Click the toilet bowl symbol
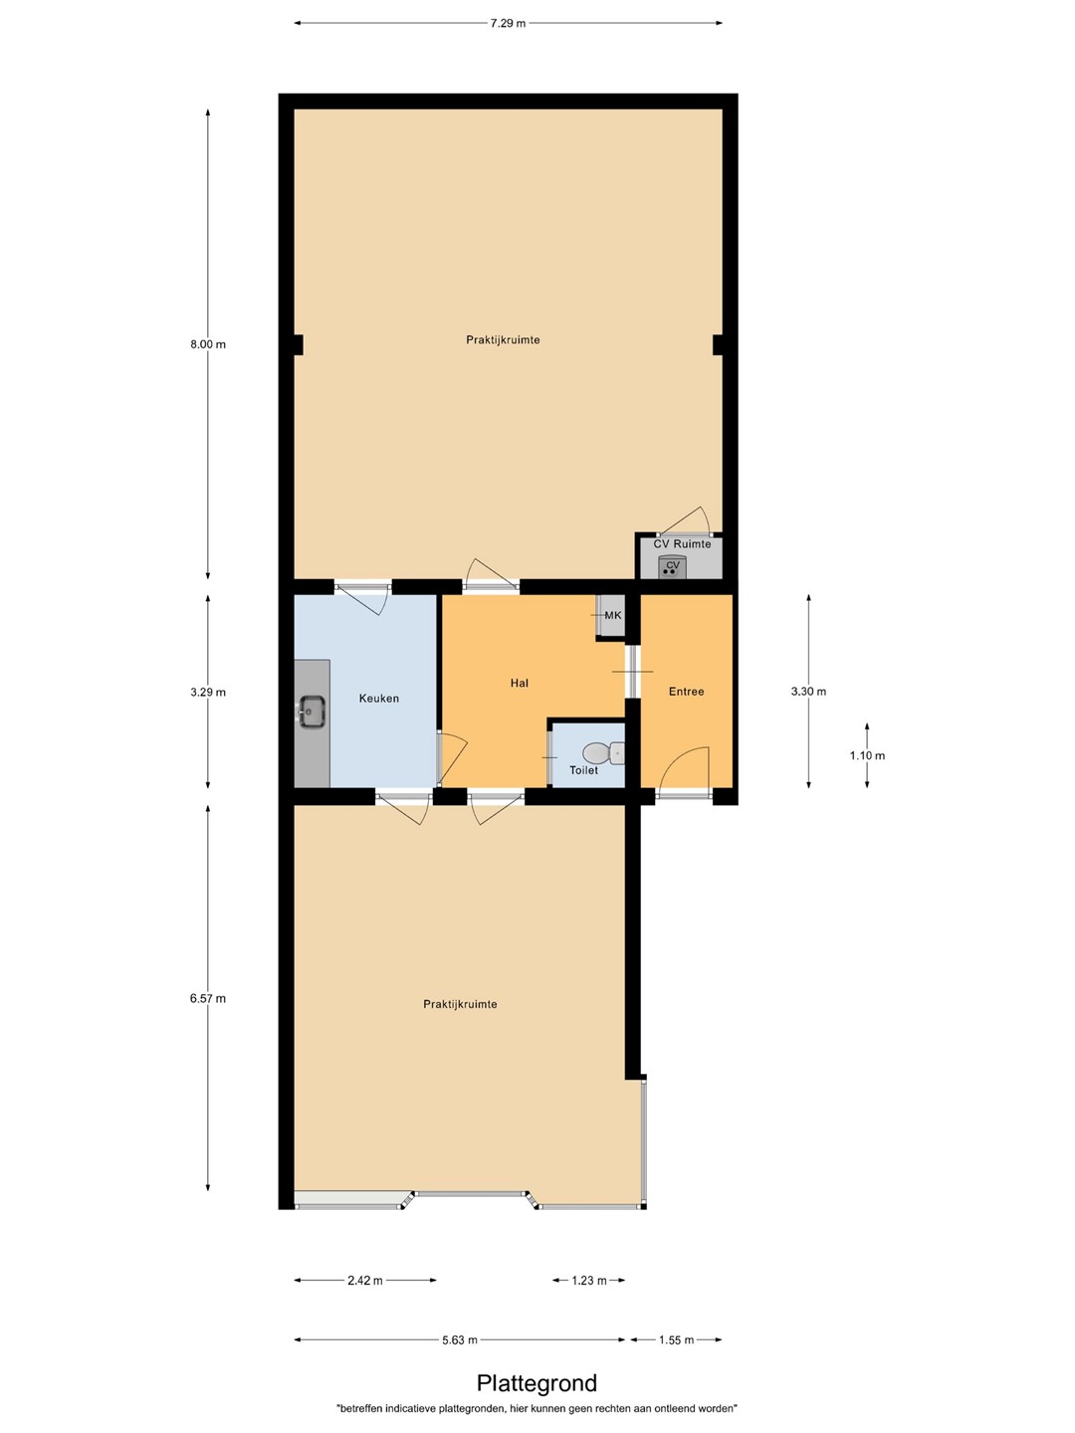(604, 753)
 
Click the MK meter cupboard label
(613, 615)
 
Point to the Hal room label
(520, 683)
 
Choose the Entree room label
(686, 692)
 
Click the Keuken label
(378, 698)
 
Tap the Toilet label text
(583, 769)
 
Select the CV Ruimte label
(682, 543)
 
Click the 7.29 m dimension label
(508, 24)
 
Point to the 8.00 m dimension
(208, 344)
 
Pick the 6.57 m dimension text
(208, 998)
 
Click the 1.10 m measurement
(867, 755)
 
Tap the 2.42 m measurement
(365, 1280)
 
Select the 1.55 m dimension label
(676, 1339)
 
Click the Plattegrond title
(537, 1382)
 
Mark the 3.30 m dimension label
(808, 692)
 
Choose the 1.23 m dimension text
(589, 1280)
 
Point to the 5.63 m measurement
(460, 1339)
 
